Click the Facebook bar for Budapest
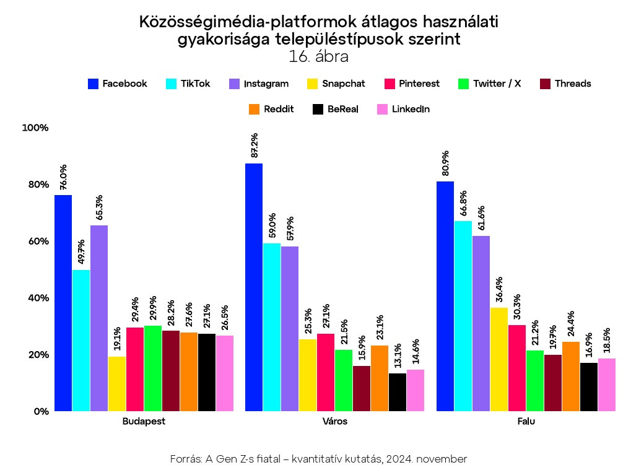point(63,303)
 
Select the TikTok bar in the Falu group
point(463,316)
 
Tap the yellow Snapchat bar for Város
point(308,375)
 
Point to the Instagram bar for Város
point(290,328)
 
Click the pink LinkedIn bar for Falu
point(607,385)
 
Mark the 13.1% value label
point(398,356)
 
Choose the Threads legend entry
point(565,84)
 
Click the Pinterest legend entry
point(412,84)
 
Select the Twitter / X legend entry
point(489,84)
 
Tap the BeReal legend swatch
point(318,109)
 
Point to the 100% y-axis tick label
point(35,128)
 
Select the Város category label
point(335,422)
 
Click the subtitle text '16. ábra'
point(318,56)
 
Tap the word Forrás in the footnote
point(186,459)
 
